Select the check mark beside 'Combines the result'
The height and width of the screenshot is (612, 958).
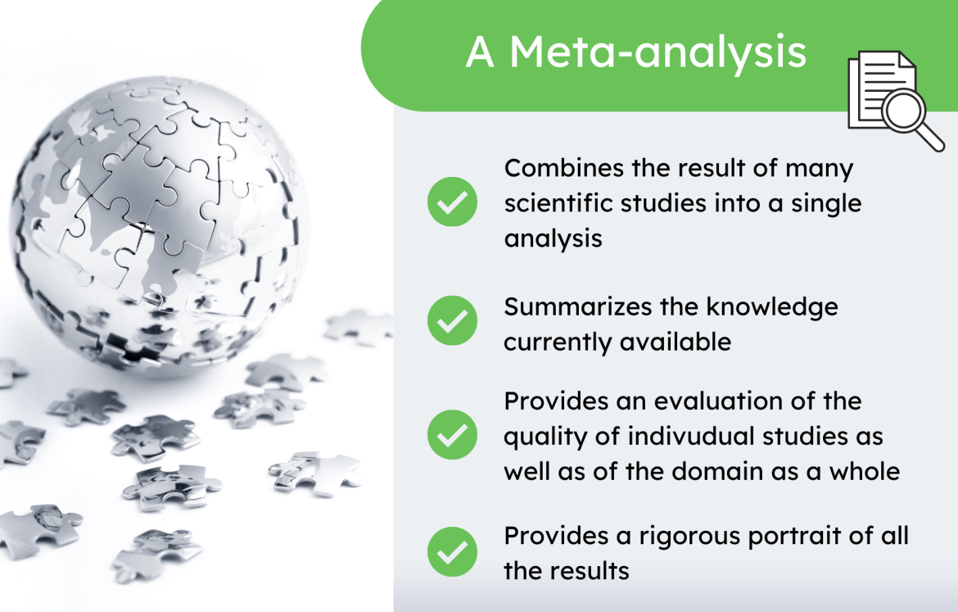(x=452, y=202)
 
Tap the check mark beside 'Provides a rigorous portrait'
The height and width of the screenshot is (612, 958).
(x=452, y=551)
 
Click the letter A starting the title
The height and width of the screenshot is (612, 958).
(x=481, y=53)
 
